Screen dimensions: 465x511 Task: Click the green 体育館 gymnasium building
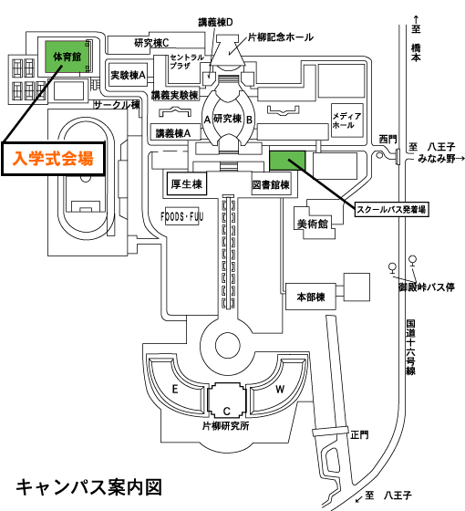[x=67, y=57]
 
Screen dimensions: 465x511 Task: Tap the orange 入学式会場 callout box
[x=54, y=159]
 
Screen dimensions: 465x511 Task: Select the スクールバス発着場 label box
[x=391, y=209]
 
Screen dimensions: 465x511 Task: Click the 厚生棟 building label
[x=187, y=184]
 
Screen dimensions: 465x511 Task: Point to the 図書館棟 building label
[x=271, y=184]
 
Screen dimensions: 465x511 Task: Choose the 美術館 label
[x=312, y=224]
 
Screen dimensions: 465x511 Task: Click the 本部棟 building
[x=311, y=297]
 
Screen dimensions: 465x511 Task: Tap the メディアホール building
[x=346, y=120]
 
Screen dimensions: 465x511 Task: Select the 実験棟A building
[x=128, y=75]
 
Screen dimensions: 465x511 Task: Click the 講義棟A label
[x=173, y=133]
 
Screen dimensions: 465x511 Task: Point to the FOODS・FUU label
[x=182, y=216]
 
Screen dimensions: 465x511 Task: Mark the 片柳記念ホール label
[x=281, y=37]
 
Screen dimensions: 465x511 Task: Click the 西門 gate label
[x=387, y=139]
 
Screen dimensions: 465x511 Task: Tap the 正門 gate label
[x=360, y=434]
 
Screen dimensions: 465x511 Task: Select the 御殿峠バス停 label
[x=427, y=287]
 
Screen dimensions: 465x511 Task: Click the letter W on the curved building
[x=280, y=389]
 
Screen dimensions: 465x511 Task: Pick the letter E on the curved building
[x=175, y=389]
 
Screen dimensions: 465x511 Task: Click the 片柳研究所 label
[x=226, y=425]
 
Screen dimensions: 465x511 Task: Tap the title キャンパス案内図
[x=89, y=487]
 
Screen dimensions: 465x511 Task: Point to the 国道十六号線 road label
[x=410, y=348]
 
